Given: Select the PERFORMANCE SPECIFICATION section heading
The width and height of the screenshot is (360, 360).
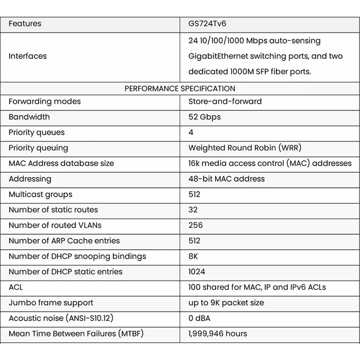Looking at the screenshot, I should coord(180,89).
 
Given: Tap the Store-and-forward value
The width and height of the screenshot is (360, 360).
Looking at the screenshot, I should coord(225,101).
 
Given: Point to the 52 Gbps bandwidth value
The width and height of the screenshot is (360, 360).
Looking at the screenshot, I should coord(205,117).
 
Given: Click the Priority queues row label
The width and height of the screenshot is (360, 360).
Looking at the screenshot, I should coord(36,132).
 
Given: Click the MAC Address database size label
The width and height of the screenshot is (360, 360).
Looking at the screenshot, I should coord(61,163).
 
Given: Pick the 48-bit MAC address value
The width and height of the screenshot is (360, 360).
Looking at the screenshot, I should coord(226,179).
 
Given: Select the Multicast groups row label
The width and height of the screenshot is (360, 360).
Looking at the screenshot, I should coord(40,194).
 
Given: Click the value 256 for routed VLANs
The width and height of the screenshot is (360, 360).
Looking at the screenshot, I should coord(196,225).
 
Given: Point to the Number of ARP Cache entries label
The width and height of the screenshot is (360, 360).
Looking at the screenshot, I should coord(64,241).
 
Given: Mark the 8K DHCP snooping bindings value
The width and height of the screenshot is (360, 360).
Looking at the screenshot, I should coord(193,256).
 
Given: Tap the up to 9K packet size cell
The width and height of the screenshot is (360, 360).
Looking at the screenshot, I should coord(226,303).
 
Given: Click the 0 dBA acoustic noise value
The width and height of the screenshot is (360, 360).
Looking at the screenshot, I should coord(199,318).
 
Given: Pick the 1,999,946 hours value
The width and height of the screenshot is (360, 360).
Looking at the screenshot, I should coord(218,333).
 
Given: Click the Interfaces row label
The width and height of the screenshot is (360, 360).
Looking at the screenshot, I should coord(27,56).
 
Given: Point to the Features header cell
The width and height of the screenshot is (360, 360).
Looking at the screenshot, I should coord(25,23).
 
